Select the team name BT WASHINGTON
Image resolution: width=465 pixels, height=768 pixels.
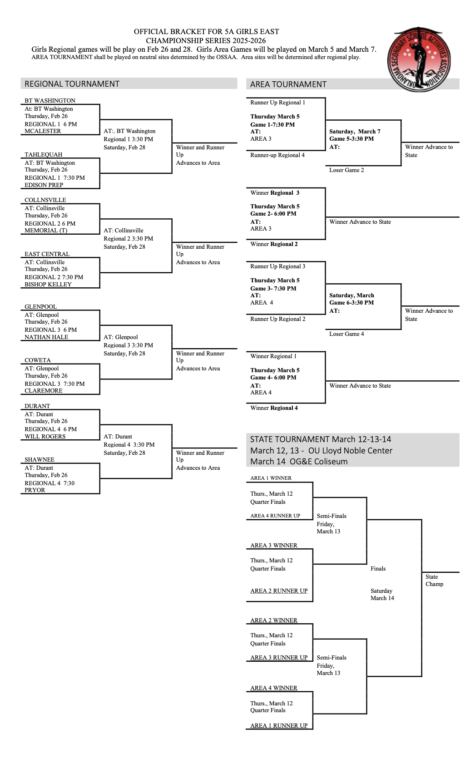click(x=50, y=101)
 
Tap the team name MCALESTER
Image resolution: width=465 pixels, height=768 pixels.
click(x=43, y=131)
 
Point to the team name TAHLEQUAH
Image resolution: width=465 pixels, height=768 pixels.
click(x=44, y=155)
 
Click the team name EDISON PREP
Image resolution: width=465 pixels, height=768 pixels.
click(x=44, y=185)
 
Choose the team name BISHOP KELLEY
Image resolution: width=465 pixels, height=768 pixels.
click(x=48, y=285)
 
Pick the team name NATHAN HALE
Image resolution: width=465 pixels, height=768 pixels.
click(x=46, y=337)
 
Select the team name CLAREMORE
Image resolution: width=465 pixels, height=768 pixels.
click(x=44, y=391)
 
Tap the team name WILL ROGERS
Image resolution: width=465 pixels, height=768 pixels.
click(x=45, y=437)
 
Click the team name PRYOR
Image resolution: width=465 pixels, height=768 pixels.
click(x=35, y=490)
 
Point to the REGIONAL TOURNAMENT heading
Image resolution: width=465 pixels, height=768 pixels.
click(x=72, y=84)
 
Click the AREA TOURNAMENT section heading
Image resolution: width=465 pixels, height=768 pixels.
click(x=288, y=84)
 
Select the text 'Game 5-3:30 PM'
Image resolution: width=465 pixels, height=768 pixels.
click(x=351, y=139)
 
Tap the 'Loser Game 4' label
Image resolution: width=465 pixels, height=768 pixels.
click(x=346, y=334)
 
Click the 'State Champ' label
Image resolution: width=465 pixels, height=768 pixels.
click(x=434, y=581)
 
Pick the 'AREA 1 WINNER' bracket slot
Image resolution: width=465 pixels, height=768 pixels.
click(x=271, y=478)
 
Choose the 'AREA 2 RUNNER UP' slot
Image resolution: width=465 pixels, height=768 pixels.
click(x=279, y=591)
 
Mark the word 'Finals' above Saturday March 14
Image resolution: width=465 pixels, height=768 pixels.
click(x=378, y=569)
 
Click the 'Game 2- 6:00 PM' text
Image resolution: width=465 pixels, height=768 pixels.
click(x=273, y=214)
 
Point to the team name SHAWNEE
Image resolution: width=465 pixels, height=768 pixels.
click(x=40, y=460)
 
